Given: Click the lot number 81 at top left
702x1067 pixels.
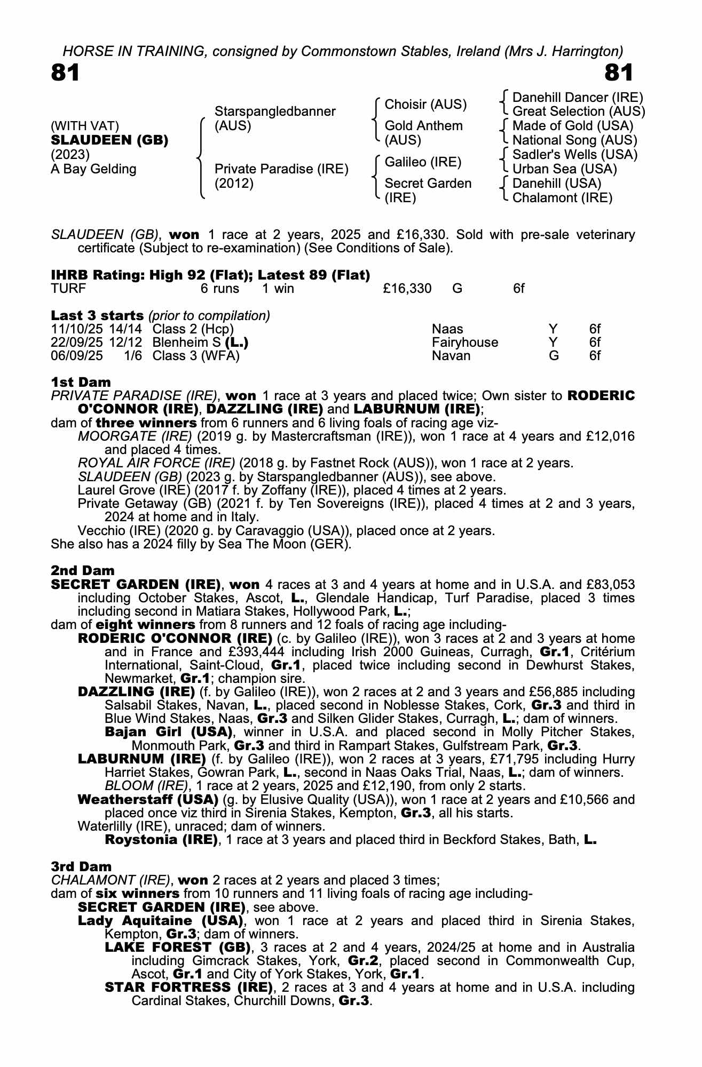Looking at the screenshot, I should pyautogui.click(x=65, y=73).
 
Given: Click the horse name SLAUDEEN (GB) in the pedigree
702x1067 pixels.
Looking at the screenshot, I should pyautogui.click(x=109, y=140).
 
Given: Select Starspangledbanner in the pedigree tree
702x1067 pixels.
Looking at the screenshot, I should pyautogui.click(x=275, y=112).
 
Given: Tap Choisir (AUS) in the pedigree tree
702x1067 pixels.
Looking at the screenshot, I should pyautogui.click(x=425, y=105).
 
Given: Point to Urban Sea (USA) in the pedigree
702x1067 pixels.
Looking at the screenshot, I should pyautogui.click(x=564, y=169).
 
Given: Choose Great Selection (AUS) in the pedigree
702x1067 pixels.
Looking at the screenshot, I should pyautogui.click(x=579, y=112).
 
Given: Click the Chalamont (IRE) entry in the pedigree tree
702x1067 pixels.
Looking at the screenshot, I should pyautogui.click(x=562, y=198).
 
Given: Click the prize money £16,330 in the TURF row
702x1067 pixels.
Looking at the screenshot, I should pyautogui.click(x=407, y=289).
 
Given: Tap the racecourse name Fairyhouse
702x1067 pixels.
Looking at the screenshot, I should pyautogui.click(x=464, y=343).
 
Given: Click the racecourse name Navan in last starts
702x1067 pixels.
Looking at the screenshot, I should pyautogui.click(x=451, y=356).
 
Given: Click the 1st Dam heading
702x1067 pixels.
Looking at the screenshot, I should pyautogui.click(x=81, y=382).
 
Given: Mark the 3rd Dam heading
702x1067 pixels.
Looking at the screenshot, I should pyautogui.click(x=82, y=866).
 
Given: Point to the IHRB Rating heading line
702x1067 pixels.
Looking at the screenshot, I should pyautogui.click(x=210, y=275).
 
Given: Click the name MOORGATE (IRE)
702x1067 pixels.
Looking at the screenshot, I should pyautogui.click(x=135, y=436).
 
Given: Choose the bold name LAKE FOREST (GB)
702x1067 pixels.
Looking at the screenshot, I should pyautogui.click(x=178, y=947).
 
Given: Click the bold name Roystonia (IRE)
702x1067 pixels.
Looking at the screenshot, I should pyautogui.click(x=162, y=840).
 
